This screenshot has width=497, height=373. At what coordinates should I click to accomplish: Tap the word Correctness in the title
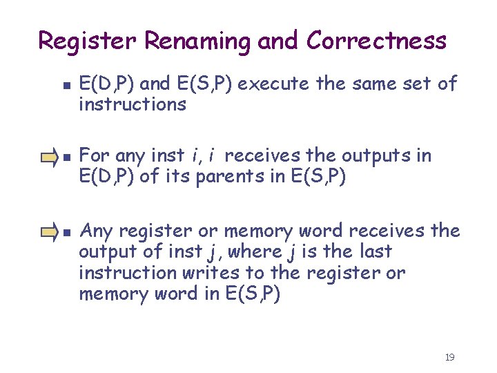[376, 41]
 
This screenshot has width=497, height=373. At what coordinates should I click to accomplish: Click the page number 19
[450, 357]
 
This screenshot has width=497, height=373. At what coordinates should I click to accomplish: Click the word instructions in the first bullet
[133, 104]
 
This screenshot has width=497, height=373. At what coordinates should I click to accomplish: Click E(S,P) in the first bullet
[208, 84]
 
